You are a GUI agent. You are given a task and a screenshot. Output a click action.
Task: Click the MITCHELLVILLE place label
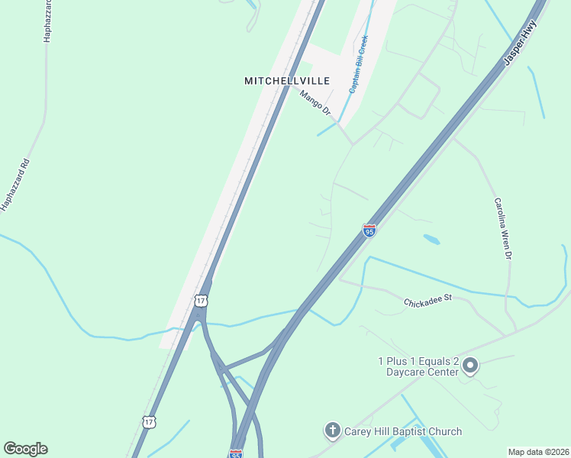pos(287,80)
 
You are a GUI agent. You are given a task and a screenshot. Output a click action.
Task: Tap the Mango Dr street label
pos(315,104)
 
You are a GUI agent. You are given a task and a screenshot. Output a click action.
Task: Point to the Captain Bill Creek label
pos(359,64)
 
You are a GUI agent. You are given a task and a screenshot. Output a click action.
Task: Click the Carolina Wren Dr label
pos(502,229)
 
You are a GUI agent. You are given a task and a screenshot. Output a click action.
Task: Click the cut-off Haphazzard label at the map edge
pos(47,21)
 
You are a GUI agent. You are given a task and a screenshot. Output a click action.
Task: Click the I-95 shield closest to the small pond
pos(369,231)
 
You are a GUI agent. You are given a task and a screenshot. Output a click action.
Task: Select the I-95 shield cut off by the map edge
pos(235,453)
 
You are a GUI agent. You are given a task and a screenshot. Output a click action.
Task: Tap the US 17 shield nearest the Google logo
pos(150,421)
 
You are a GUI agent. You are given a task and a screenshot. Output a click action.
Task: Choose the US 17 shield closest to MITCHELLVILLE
pos(200,301)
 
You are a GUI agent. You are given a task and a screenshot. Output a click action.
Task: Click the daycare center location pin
pos(470,366)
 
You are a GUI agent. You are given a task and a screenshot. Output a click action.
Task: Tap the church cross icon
pos(332,431)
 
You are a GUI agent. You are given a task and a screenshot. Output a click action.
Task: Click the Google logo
pos(25,449)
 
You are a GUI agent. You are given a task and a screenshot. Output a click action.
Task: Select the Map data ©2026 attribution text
pos(538,452)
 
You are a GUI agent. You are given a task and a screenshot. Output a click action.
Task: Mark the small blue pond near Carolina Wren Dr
pos(431,239)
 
